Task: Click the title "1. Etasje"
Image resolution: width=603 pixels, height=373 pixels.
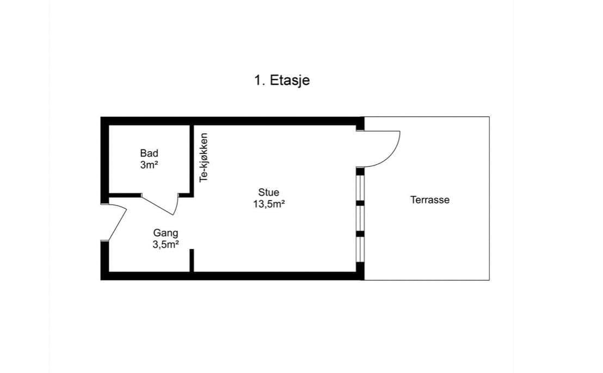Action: (282, 80)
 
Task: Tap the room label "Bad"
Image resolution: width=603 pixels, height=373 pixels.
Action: (149, 153)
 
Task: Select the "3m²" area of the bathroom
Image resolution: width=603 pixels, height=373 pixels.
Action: (149, 165)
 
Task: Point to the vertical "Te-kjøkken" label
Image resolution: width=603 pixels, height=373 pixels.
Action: (204, 158)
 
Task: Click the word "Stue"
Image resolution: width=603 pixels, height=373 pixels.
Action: (269, 192)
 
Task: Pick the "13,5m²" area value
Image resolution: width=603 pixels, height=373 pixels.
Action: (269, 204)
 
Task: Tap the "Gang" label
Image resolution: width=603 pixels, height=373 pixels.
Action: (166, 233)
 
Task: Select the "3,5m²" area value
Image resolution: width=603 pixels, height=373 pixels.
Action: (166, 244)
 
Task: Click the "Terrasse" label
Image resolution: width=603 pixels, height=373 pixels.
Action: (430, 200)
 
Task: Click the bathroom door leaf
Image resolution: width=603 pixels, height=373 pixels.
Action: (157, 206)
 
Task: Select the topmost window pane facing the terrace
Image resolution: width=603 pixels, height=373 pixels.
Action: (360, 188)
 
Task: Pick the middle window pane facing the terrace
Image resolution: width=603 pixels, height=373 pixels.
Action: (360, 219)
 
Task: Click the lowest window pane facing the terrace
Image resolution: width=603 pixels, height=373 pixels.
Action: (360, 250)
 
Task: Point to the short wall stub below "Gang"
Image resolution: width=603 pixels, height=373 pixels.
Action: (192, 260)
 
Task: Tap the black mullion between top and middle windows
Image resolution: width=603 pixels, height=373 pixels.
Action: (360, 203)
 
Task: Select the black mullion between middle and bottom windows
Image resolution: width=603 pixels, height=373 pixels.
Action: (360, 234)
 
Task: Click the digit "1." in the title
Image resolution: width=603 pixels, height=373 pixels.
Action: (260, 80)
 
